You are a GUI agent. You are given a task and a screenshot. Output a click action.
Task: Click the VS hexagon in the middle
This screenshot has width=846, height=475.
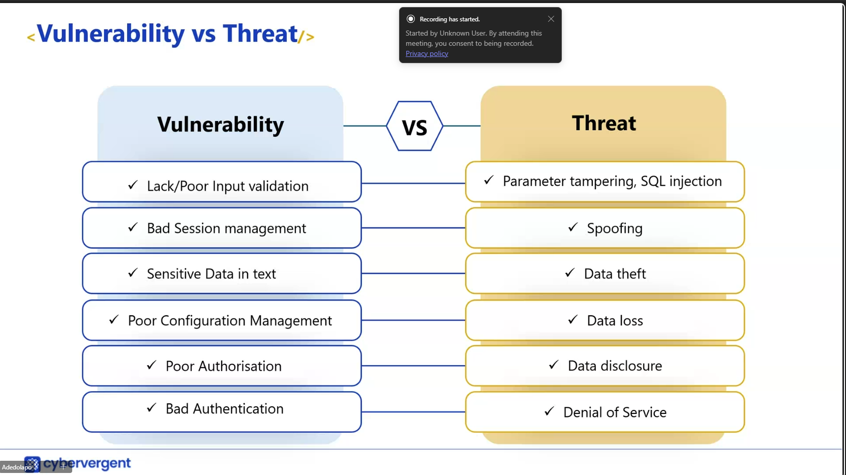click(x=414, y=126)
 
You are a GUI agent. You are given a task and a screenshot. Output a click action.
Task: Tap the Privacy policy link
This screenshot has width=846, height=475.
click(x=427, y=54)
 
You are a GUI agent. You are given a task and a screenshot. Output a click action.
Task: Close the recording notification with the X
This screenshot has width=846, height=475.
click(x=551, y=19)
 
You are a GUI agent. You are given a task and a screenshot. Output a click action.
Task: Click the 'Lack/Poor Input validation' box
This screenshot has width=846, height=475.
click(x=222, y=182)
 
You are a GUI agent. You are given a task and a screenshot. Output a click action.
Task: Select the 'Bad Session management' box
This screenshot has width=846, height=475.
click(x=222, y=228)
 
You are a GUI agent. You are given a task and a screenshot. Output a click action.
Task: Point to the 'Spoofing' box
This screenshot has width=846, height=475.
click(x=605, y=228)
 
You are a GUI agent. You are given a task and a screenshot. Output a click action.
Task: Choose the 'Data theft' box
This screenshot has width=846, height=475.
click(x=605, y=273)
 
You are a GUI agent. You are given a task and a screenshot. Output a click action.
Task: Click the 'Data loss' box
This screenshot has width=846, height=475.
click(x=605, y=320)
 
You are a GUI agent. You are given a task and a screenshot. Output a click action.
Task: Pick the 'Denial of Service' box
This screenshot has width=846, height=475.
click(x=605, y=412)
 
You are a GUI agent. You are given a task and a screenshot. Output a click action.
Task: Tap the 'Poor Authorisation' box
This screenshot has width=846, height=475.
click(x=222, y=366)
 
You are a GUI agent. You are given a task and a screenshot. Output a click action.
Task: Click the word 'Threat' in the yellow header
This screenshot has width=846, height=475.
click(x=604, y=123)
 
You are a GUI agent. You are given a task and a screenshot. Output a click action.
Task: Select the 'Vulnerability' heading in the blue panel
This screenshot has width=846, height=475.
click(x=221, y=124)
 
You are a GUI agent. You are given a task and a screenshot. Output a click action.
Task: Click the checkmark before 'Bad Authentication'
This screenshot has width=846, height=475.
click(x=152, y=407)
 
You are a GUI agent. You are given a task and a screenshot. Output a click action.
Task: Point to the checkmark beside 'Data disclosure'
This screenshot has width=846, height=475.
click(x=554, y=365)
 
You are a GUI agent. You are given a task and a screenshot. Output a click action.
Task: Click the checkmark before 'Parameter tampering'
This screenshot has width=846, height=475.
click(x=489, y=180)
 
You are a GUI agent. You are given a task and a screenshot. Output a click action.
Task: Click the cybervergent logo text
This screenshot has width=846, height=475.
click(x=87, y=463)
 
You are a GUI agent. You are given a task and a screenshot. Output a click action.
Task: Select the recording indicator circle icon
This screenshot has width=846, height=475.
click(x=410, y=19)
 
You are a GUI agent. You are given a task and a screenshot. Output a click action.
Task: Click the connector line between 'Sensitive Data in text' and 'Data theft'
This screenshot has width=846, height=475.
click(x=413, y=273)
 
